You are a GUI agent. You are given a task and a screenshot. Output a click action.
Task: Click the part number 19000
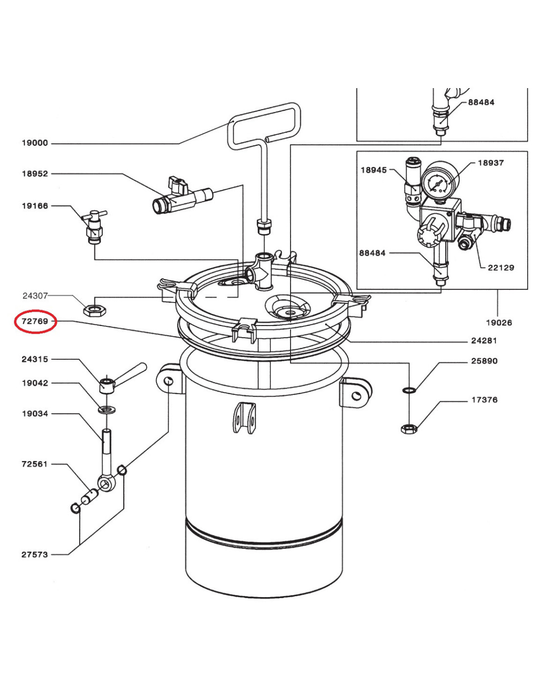(35, 143)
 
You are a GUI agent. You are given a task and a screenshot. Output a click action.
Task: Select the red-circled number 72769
(35, 321)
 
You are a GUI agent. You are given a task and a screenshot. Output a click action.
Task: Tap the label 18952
(35, 174)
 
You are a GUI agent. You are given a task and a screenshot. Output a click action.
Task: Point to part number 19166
(35, 206)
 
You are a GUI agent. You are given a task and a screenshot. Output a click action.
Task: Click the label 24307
(35, 296)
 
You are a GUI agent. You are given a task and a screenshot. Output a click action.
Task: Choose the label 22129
(501, 267)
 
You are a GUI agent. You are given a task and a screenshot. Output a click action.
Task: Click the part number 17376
(485, 400)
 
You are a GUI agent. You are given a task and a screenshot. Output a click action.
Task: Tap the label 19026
(499, 323)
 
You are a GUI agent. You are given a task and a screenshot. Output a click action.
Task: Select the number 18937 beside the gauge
(491, 162)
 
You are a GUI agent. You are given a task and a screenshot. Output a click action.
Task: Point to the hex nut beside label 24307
(95, 310)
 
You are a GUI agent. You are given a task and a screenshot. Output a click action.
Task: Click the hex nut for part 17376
(409, 428)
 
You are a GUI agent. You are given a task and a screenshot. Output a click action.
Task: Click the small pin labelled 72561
(90, 496)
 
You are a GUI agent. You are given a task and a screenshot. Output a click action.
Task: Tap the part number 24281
(484, 340)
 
